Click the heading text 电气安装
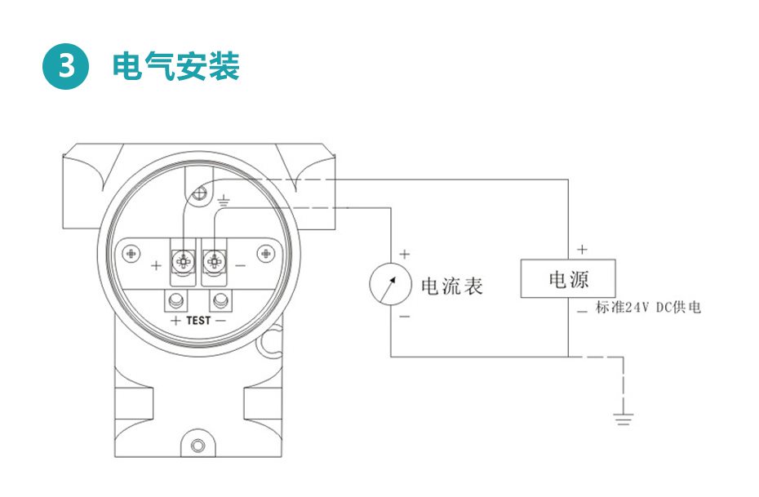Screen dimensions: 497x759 pos(175,67)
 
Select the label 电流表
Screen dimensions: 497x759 pos(451,286)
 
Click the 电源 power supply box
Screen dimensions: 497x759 pos(568,279)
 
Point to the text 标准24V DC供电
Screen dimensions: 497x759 pos(648,308)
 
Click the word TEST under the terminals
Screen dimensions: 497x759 pos(198,321)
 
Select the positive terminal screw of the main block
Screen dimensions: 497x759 pos(182,261)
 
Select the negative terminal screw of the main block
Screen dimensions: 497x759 pos(215,261)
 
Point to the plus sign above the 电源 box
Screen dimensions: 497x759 pos(582,249)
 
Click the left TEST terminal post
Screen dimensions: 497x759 pos(175,301)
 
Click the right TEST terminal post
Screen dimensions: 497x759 pos(220,301)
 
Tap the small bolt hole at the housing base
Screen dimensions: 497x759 pos(198,446)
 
